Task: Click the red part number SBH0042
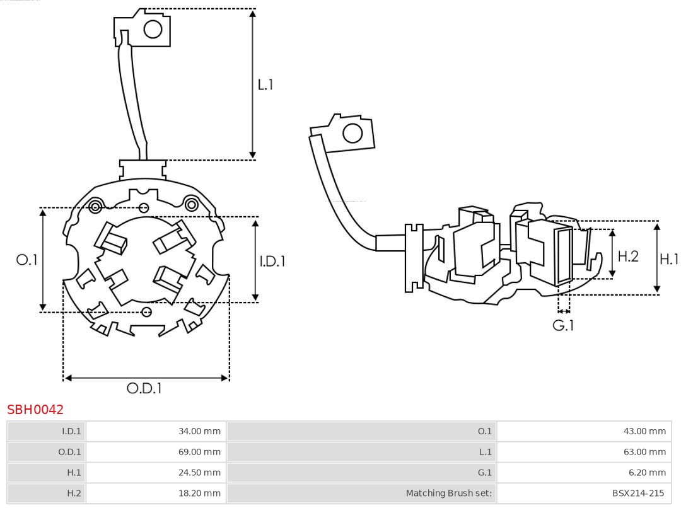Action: click(35, 410)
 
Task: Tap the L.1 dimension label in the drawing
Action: click(265, 84)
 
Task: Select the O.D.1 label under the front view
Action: click(144, 388)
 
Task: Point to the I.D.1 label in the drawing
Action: click(272, 260)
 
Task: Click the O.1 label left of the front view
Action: click(27, 260)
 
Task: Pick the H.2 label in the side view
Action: click(628, 256)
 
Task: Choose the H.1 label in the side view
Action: click(668, 258)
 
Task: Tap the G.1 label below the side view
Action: click(564, 325)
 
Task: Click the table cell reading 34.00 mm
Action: click(199, 431)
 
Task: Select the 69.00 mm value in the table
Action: click(199, 452)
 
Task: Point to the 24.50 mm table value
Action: click(199, 472)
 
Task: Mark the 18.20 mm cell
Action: click(199, 493)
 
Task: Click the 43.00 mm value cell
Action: click(644, 431)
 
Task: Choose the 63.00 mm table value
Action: click(644, 452)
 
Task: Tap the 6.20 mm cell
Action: click(647, 472)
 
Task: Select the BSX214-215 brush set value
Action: click(637, 493)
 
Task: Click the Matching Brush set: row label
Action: click(448, 493)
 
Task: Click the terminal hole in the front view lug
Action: click(153, 29)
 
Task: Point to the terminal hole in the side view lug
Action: click(352, 134)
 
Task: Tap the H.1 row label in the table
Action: click(74, 472)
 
